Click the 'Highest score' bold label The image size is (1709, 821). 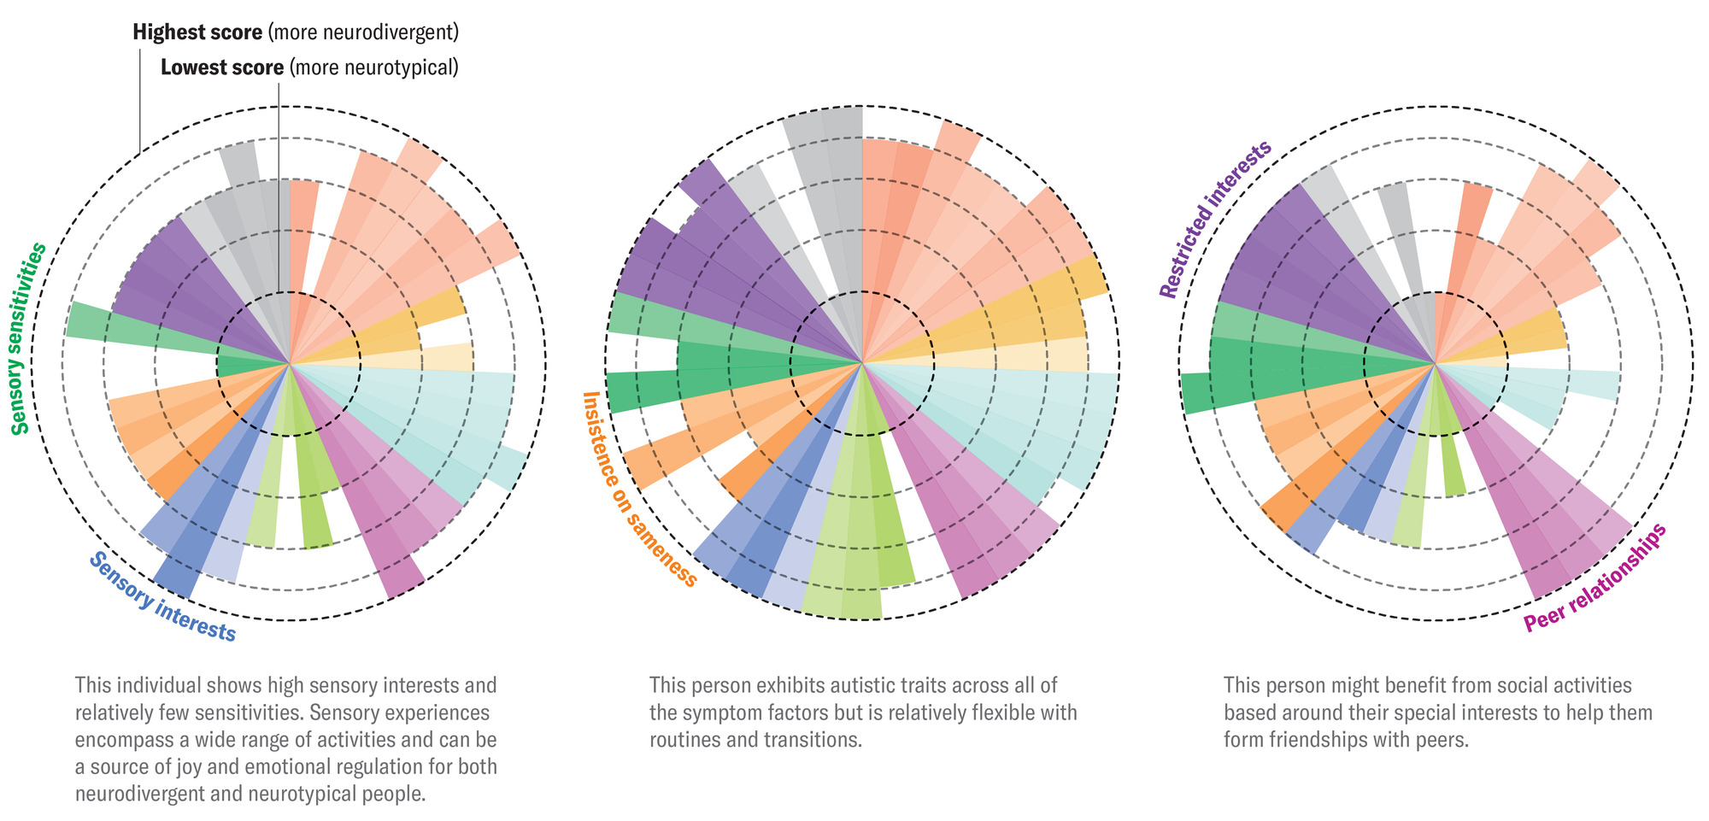(197, 32)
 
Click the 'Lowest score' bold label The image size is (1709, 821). (222, 67)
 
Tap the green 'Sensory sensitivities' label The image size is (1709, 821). (29, 338)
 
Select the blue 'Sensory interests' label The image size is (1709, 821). (162, 597)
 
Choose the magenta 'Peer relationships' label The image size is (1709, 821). (1594, 578)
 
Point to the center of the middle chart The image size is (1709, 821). (862, 364)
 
